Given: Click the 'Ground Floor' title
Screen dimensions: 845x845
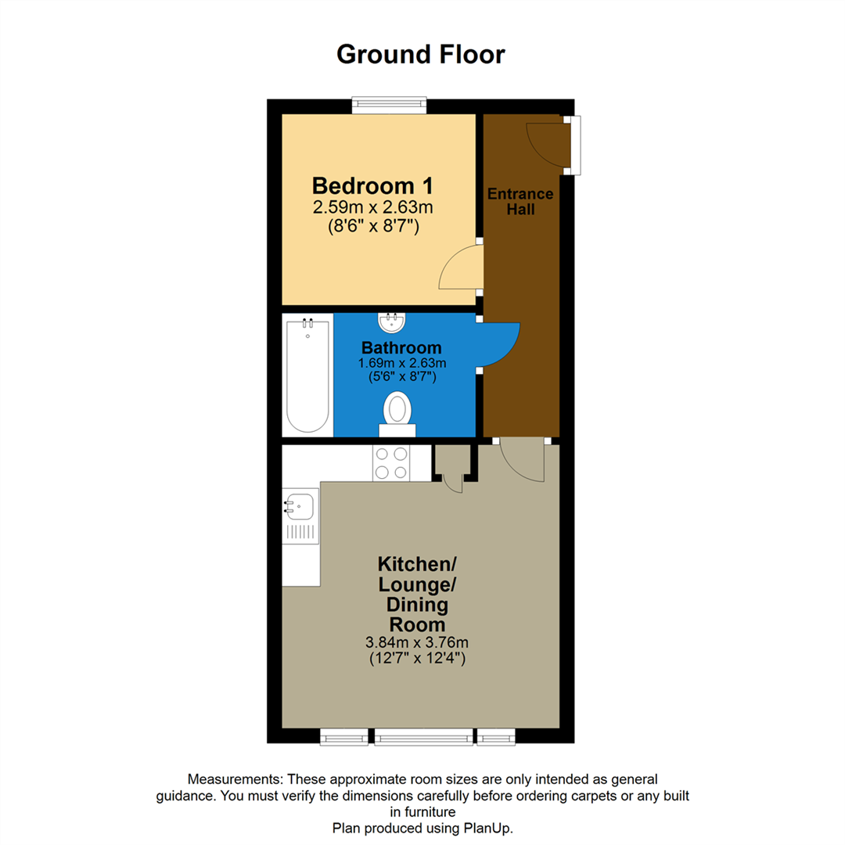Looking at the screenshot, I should tap(421, 55).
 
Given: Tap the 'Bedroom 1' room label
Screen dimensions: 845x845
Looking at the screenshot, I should tap(372, 186).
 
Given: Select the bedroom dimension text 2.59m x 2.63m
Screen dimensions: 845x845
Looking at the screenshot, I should tap(372, 207).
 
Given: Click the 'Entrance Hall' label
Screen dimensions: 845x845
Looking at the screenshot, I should tap(520, 201).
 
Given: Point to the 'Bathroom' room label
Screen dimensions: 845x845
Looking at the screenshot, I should tap(401, 347).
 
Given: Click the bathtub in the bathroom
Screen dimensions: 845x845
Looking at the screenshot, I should tap(307, 375).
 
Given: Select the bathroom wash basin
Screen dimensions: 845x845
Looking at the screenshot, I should tap(390, 322).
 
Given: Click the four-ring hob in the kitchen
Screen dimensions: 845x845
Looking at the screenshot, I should tap(391, 462).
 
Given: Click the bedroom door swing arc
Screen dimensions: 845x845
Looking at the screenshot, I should tap(460, 269).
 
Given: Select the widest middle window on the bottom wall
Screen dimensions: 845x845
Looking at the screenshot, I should tap(423, 737).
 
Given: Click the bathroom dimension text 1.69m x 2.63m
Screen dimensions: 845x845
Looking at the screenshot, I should tap(401, 363).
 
